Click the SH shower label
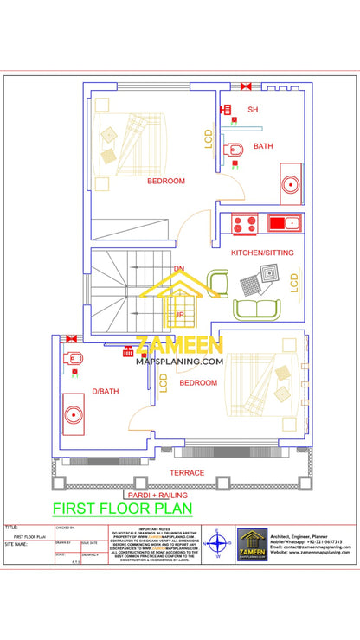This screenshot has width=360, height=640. [x=253, y=110]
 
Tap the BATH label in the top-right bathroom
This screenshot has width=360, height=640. [x=263, y=146]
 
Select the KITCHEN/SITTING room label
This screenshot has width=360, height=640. [x=262, y=253]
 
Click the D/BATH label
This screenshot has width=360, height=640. [x=105, y=392]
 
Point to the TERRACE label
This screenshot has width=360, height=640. [x=187, y=473]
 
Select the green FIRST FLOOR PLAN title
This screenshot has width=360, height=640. [x=123, y=509]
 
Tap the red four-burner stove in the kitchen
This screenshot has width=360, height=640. [x=245, y=224]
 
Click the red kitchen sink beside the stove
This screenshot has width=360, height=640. [x=283, y=224]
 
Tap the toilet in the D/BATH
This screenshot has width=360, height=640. [x=74, y=358]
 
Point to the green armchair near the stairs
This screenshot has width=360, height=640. [x=217, y=282]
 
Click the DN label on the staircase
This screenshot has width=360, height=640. [x=178, y=269]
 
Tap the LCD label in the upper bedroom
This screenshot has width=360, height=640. [x=209, y=138]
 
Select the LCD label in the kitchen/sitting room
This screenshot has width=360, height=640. [x=294, y=282]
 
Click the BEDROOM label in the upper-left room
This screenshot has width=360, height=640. [x=166, y=181]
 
